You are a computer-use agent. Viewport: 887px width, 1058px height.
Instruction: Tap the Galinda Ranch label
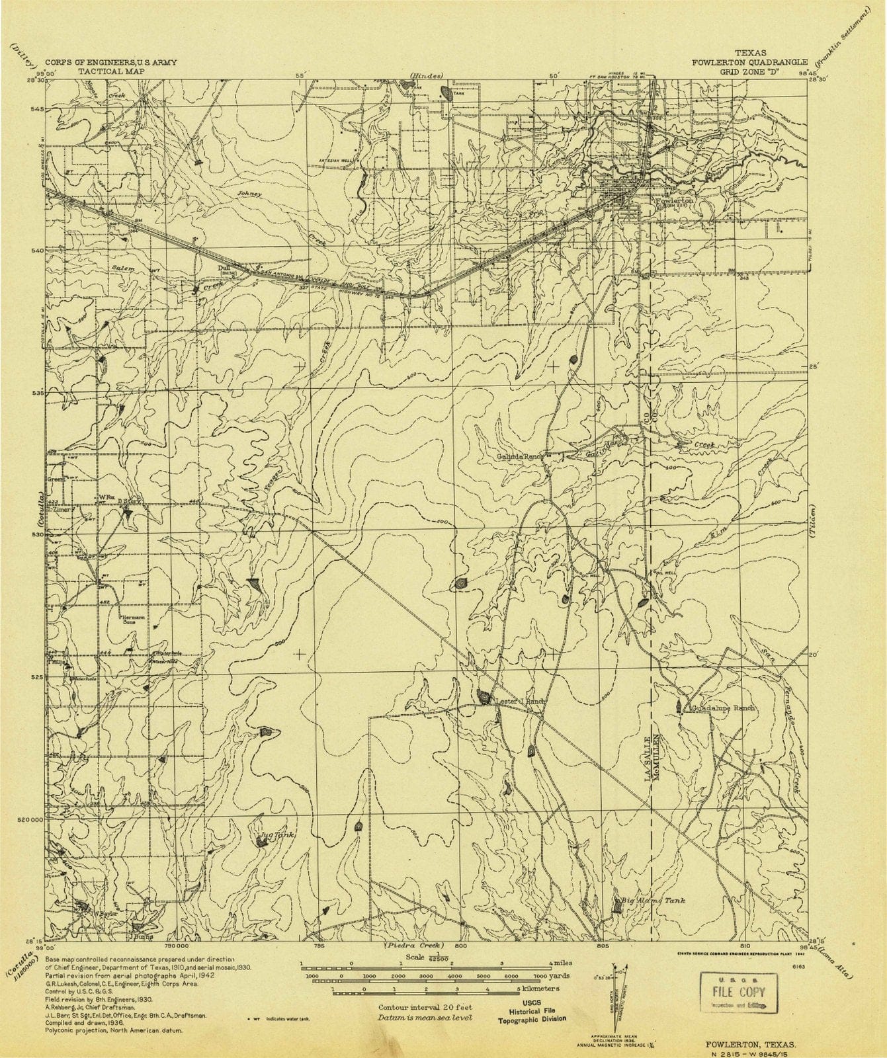519,456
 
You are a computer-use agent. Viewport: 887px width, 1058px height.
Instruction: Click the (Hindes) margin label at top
425,76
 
